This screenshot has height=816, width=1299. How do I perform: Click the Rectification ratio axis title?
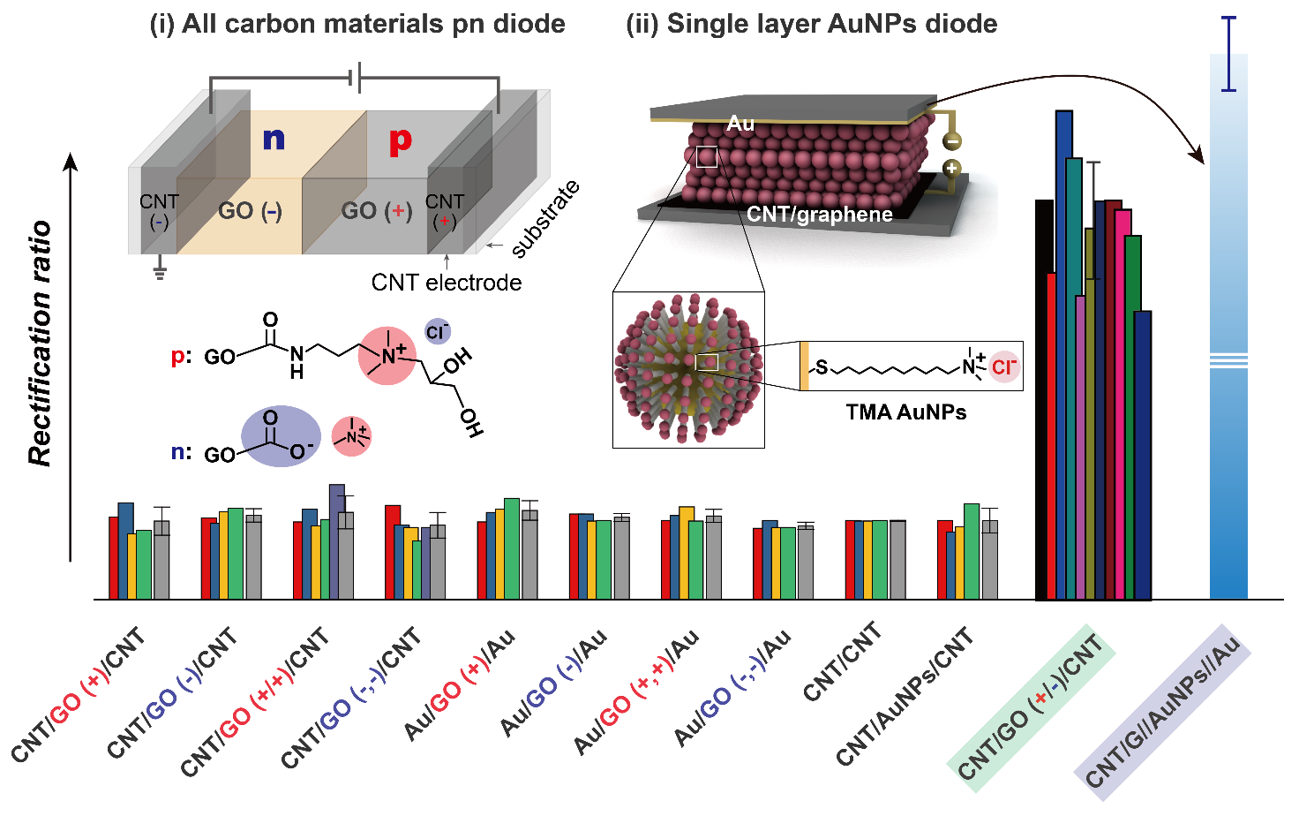pos(40,344)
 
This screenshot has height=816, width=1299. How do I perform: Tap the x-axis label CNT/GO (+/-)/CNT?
pos(1031,707)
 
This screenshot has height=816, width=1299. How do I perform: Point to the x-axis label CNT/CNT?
pos(843,661)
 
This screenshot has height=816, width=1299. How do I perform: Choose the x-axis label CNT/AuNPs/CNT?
pos(905,697)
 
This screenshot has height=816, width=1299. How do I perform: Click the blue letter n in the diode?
pos(274,139)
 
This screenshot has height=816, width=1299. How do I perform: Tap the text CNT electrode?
pos(446,283)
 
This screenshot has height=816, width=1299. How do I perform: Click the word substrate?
pos(546,219)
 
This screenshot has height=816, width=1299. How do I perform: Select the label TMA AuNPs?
pos(905,412)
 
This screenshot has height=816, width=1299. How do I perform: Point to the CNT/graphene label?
pos(819,215)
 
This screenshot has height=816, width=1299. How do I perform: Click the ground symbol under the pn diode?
pos(160,270)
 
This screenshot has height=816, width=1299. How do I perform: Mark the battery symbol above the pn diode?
pos(355,79)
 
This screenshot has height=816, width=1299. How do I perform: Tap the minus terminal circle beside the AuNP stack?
pos(951,140)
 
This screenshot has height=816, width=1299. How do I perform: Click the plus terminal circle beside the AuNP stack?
pos(951,169)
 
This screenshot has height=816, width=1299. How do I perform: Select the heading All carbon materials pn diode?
pos(357,24)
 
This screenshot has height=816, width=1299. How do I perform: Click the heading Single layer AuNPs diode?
pos(812,24)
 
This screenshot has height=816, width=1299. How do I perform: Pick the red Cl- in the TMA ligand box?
pos(1004,366)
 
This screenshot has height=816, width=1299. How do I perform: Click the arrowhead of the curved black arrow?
pos(1198,156)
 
